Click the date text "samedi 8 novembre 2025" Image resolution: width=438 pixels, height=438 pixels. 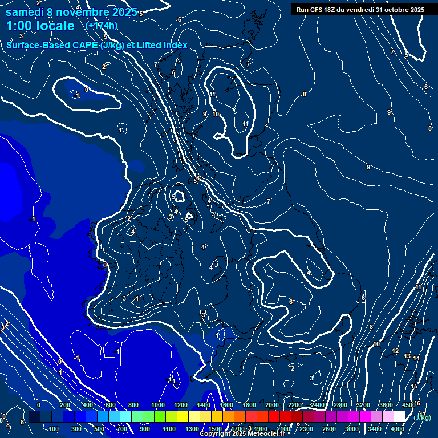pyautogui.click(x=71, y=12)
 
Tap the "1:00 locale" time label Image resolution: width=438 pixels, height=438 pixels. pyautogui.click(x=40, y=26)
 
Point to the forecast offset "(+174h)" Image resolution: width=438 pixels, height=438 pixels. pyautogui.click(x=101, y=26)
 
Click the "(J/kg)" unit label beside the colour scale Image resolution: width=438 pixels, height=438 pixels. pyautogui.click(x=422, y=417)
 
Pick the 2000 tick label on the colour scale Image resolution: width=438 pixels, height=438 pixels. pyautogui.click(x=271, y=405)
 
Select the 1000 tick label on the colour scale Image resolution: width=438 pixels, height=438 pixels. pyautogui.click(x=157, y=405)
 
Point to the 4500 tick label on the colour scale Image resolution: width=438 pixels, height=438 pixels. pyautogui.click(x=408, y=405)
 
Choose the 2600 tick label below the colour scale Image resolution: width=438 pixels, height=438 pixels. pyautogui.click(x=329, y=429)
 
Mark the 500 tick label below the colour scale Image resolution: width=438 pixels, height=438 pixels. pyautogui.click(x=99, y=429)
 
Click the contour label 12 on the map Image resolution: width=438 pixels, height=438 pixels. pyautogui.click(x=395, y=351)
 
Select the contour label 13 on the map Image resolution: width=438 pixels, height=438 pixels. pyautogui.click(x=407, y=356)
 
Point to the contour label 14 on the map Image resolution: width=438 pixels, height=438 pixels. pyautogui.click(x=416, y=358)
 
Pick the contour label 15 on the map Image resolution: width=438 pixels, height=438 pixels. pyautogui.click(x=414, y=387)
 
